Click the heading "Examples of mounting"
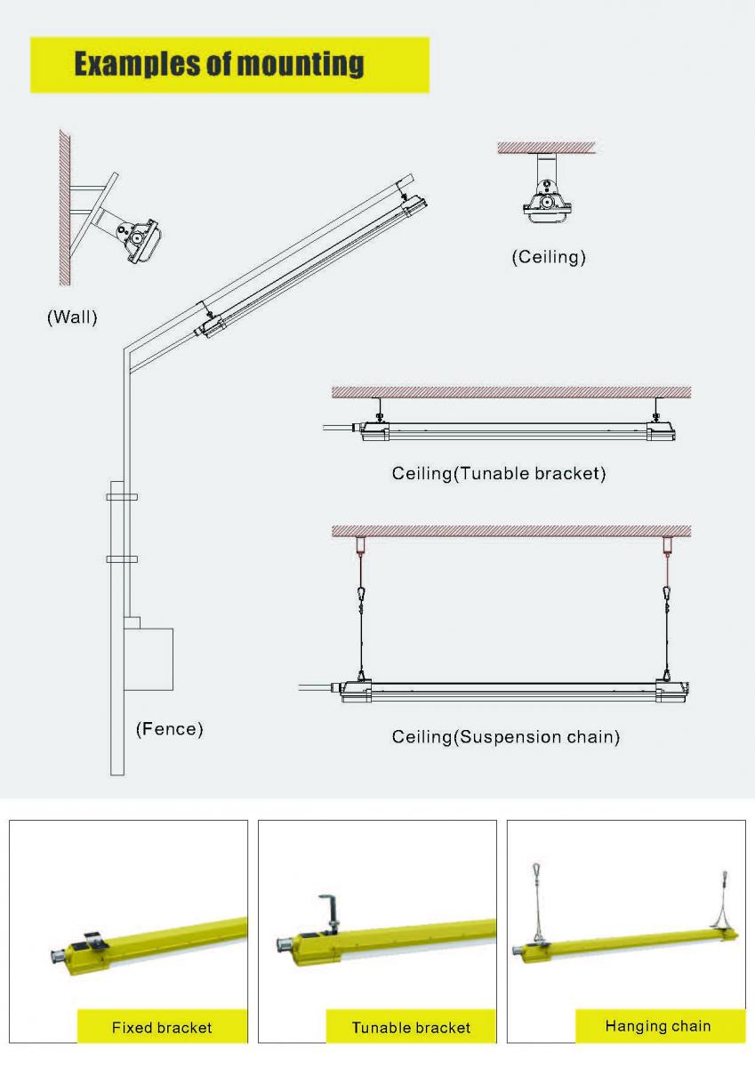(x=219, y=65)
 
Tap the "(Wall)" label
(x=72, y=317)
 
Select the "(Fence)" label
(x=169, y=730)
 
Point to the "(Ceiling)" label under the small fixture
(x=549, y=258)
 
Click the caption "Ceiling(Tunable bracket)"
(x=498, y=473)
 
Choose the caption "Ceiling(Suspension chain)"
(x=505, y=737)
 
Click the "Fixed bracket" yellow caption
(x=162, y=1027)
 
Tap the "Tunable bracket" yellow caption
(x=411, y=1027)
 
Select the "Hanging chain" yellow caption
(x=658, y=1025)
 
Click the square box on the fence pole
(x=148, y=659)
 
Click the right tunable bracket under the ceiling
(x=656, y=410)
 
